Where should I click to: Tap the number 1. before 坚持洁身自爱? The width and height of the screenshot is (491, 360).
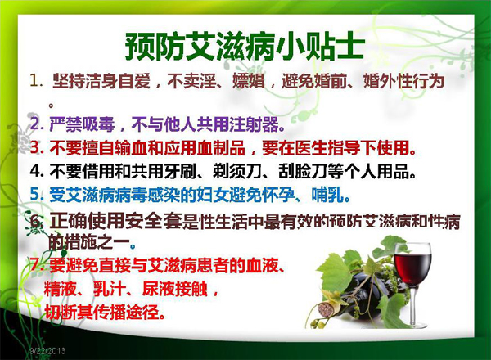[36, 80]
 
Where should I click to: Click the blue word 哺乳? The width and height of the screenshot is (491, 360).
[327, 195]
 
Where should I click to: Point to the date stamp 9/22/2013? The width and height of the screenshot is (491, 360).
[47, 351]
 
